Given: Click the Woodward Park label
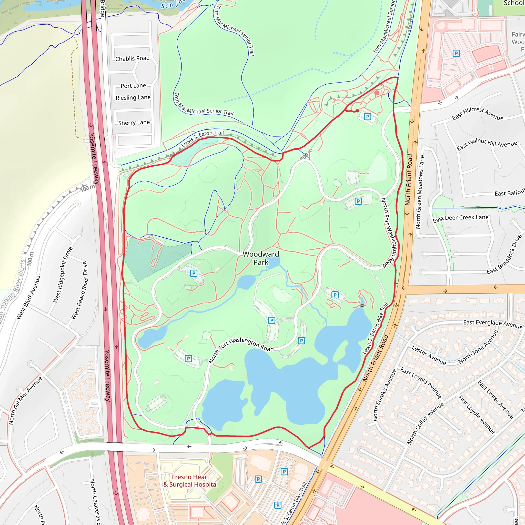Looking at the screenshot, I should (x=261, y=258).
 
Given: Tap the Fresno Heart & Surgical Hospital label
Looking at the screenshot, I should (x=190, y=481).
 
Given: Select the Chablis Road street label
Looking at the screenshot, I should (x=132, y=58).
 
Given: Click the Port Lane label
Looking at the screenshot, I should (x=133, y=86).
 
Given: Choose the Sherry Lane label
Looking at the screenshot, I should (x=134, y=123).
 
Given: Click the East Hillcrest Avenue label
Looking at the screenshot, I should (x=477, y=113).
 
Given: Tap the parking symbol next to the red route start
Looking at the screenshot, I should (x=367, y=117).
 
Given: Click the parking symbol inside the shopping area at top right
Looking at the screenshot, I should (x=456, y=53).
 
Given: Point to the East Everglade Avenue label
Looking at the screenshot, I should (x=493, y=324).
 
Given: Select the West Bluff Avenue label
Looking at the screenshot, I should (x=28, y=297).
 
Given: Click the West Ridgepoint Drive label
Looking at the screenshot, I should (x=63, y=275).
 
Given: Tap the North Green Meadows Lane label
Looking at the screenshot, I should (x=420, y=192).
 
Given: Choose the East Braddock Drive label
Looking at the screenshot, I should (x=504, y=254).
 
